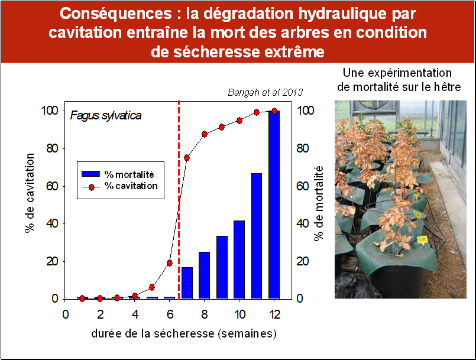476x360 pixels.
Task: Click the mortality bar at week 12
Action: point(274,205)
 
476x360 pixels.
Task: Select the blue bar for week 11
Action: point(257,236)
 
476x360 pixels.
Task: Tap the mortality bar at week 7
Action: point(187,283)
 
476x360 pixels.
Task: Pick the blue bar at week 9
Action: point(222,267)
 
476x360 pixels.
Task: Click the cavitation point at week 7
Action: point(187,158)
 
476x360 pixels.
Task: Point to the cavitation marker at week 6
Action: point(170,263)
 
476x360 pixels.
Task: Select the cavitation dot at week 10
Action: point(239,121)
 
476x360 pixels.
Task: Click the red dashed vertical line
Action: point(179,200)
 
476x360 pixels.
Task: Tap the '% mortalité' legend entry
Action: point(118,174)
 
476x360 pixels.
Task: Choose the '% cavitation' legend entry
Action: point(119,186)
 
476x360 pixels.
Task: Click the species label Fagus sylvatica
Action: point(106,116)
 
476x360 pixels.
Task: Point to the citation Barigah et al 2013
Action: point(265,92)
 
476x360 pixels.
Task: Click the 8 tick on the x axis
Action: point(205,314)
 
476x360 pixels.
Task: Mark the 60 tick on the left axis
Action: point(52,186)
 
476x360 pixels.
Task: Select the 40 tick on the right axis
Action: point(302,223)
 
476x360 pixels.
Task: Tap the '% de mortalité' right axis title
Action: point(319,203)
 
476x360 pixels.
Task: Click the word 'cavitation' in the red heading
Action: point(85,33)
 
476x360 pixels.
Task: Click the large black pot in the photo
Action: point(399,280)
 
